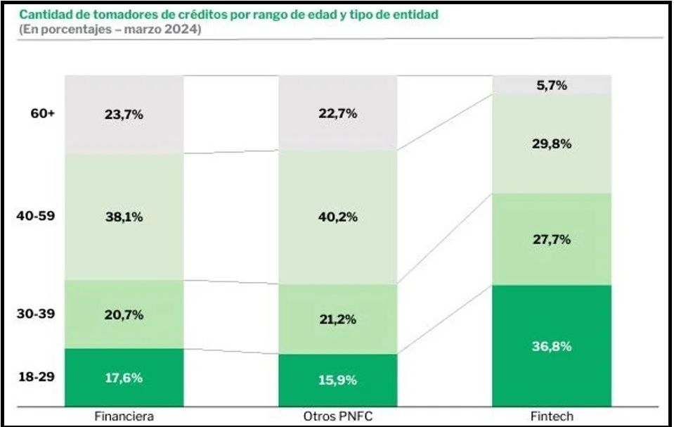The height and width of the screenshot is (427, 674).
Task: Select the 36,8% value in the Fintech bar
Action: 551,346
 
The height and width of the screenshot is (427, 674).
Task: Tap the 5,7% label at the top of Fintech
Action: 551,85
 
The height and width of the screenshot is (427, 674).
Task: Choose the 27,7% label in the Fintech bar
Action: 551,239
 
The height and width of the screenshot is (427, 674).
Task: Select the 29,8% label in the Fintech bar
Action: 551,144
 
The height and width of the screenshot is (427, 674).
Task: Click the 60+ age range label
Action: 41,113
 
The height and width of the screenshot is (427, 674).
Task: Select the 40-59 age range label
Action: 36,216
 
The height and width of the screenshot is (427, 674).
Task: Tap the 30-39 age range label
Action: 36,314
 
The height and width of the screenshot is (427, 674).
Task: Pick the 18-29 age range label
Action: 36,377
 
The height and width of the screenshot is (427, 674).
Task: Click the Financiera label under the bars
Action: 124,416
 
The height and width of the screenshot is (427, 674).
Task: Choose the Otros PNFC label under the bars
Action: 338,416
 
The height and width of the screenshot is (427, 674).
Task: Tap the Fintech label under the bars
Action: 552,416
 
